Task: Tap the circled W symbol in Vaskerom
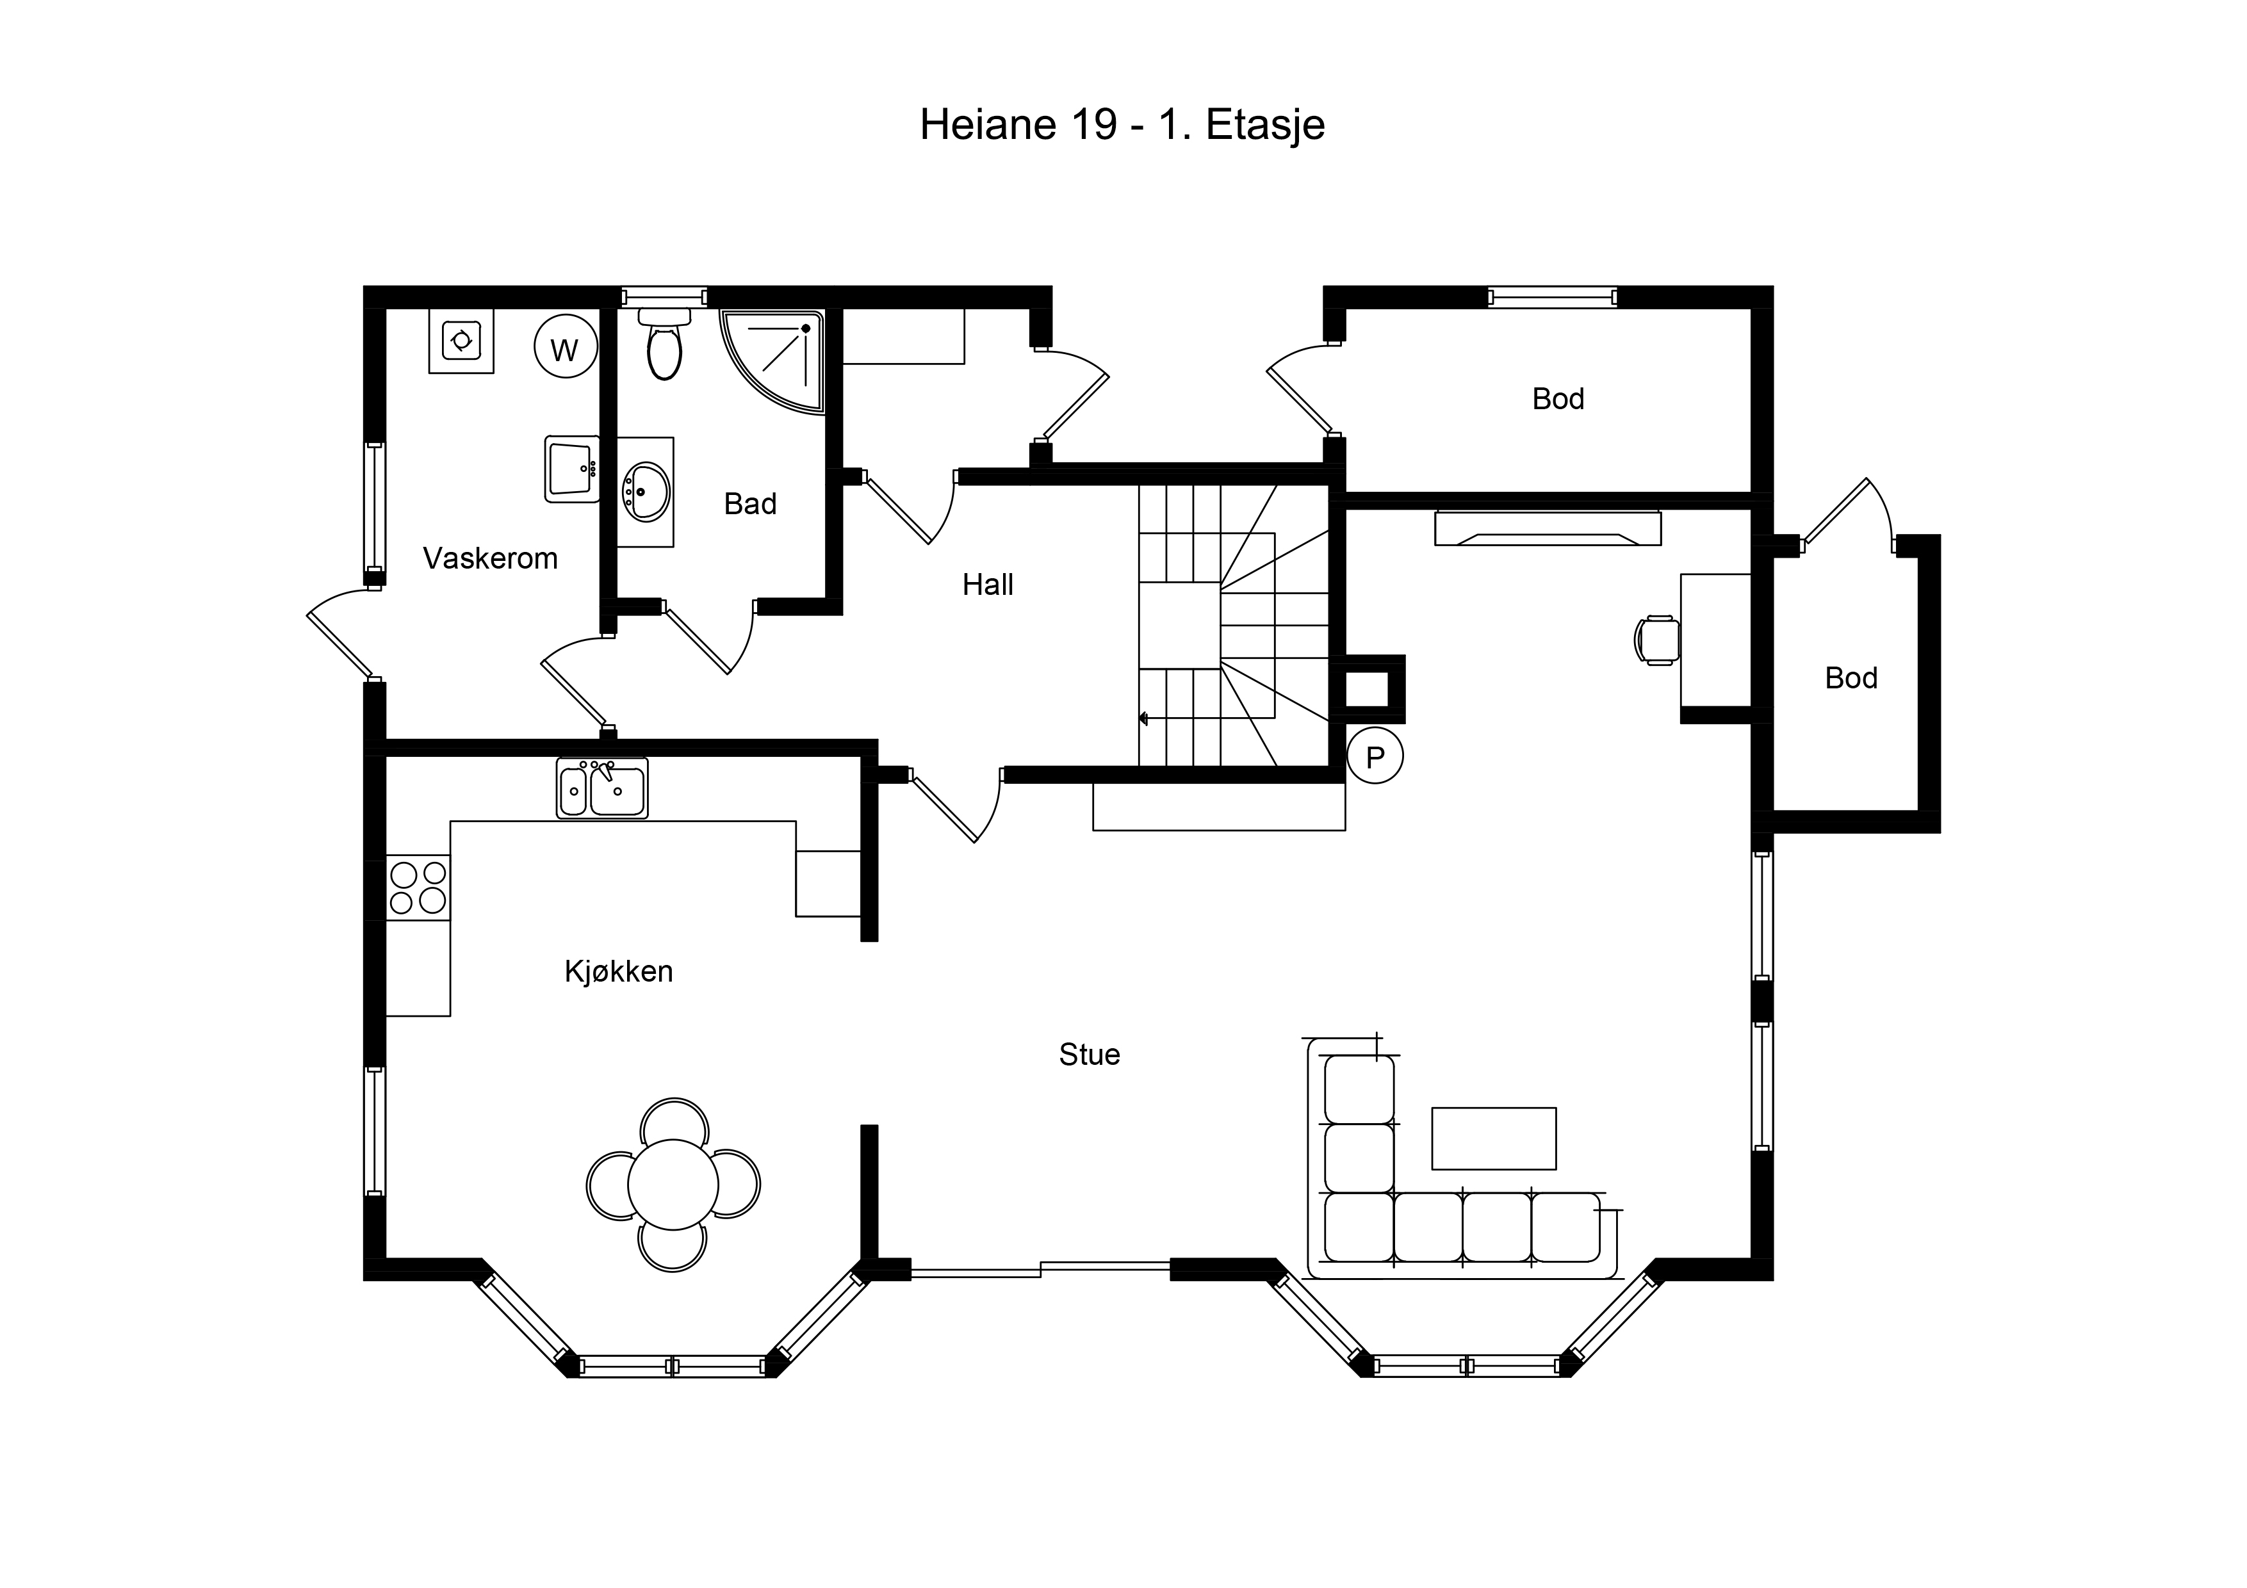(x=566, y=347)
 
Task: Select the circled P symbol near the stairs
(x=1375, y=756)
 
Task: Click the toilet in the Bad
(x=664, y=344)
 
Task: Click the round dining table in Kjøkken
(x=673, y=1184)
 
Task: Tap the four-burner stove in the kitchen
(x=418, y=887)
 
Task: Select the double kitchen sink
(x=602, y=788)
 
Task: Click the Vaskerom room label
(x=490, y=559)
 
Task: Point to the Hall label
(x=988, y=585)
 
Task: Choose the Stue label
(x=1090, y=1055)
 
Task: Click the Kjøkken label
(x=619, y=971)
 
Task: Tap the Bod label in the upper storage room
(x=1558, y=399)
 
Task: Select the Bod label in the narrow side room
(x=1851, y=678)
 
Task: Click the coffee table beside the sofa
(x=1494, y=1139)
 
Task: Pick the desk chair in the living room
(x=1657, y=641)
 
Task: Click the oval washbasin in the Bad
(x=646, y=491)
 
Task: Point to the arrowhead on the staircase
(x=1143, y=719)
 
